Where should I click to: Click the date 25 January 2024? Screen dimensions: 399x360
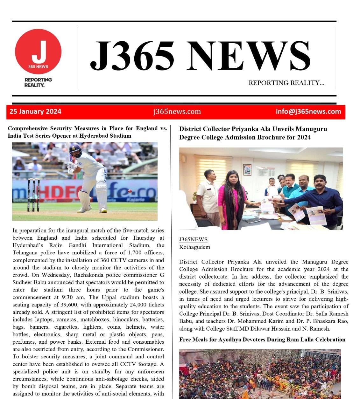(x=35, y=112)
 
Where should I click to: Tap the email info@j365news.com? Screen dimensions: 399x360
(x=308, y=112)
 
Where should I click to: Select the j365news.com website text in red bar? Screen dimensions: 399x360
(x=177, y=112)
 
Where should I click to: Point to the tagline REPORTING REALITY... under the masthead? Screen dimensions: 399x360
(x=286, y=83)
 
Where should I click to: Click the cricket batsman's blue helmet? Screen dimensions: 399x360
(x=75, y=149)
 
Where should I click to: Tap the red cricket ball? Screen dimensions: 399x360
(x=130, y=191)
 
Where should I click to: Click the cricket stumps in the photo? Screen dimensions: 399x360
(x=33, y=195)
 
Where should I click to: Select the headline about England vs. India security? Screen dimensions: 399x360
(x=87, y=132)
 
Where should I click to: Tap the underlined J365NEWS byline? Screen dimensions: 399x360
(x=193, y=239)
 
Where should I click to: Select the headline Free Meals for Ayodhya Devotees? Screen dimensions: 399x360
(x=262, y=340)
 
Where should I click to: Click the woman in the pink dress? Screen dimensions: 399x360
(x=232, y=197)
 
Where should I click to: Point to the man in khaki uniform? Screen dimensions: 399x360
(x=208, y=194)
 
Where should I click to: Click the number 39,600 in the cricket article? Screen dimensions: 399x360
(x=67, y=305)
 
